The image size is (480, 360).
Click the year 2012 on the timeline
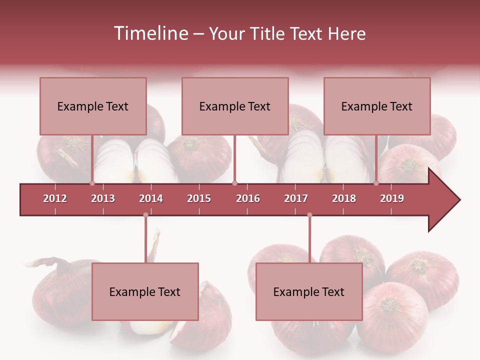click(55, 198)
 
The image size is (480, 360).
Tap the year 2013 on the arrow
click(103, 198)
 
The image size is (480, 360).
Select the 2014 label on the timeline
click(151, 198)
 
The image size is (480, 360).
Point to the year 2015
click(199, 198)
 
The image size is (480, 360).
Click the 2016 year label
click(248, 198)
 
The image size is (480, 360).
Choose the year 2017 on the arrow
click(296, 198)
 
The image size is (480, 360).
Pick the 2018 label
click(344, 198)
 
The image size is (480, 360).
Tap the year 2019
click(392, 198)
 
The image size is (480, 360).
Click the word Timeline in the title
click(150, 33)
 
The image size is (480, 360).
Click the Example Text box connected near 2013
click(93, 106)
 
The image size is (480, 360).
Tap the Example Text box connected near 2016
click(235, 106)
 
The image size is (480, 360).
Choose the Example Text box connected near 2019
click(377, 106)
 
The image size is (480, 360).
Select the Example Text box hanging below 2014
click(145, 291)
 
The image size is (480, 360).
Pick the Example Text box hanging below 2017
click(309, 291)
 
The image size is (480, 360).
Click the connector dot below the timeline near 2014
click(145, 215)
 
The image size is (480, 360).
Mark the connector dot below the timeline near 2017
click(309, 215)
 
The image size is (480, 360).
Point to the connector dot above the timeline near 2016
click(234, 183)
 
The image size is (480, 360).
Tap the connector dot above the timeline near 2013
click(92, 183)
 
